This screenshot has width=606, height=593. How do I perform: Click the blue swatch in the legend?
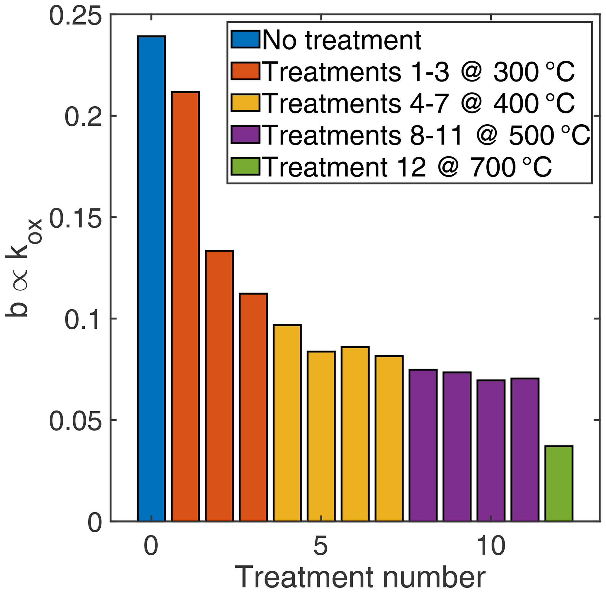tap(245, 39)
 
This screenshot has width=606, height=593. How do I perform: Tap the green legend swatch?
tap(245, 166)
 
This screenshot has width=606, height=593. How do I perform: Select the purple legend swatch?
tap(245, 135)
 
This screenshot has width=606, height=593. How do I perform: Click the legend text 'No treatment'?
tap(342, 40)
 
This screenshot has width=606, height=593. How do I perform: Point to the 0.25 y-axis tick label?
tap(75, 16)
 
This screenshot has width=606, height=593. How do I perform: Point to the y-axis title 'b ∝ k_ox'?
tap(23, 268)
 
